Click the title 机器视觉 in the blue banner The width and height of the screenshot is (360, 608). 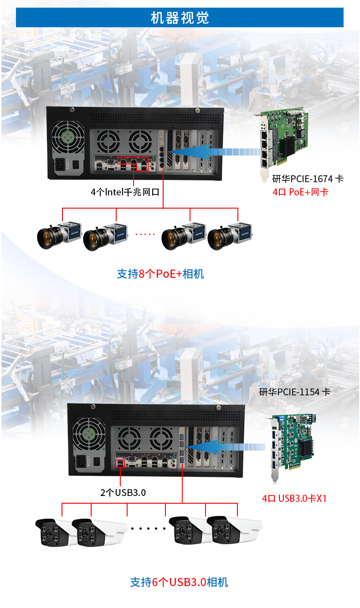[x=180, y=18]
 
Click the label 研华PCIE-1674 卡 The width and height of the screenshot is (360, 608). [x=308, y=179]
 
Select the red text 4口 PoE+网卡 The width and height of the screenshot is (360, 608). [x=300, y=192]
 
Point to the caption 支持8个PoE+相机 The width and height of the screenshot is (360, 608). [x=160, y=274]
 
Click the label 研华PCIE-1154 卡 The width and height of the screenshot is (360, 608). [x=294, y=392]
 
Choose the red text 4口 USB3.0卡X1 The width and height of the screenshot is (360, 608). [x=294, y=498]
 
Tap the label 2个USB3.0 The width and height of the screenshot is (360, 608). [x=123, y=492]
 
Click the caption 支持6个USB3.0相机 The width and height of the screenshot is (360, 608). [x=179, y=582]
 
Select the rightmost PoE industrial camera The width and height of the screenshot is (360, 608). [x=231, y=236]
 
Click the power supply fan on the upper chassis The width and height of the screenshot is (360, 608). [x=67, y=137]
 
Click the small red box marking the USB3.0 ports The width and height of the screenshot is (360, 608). [x=120, y=464]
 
